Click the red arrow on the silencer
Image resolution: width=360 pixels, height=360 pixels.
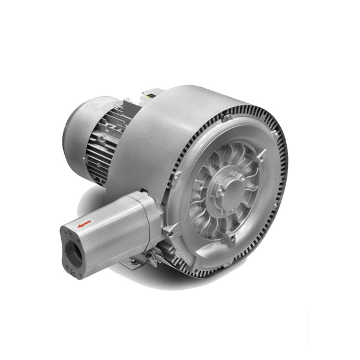click(85, 224)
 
